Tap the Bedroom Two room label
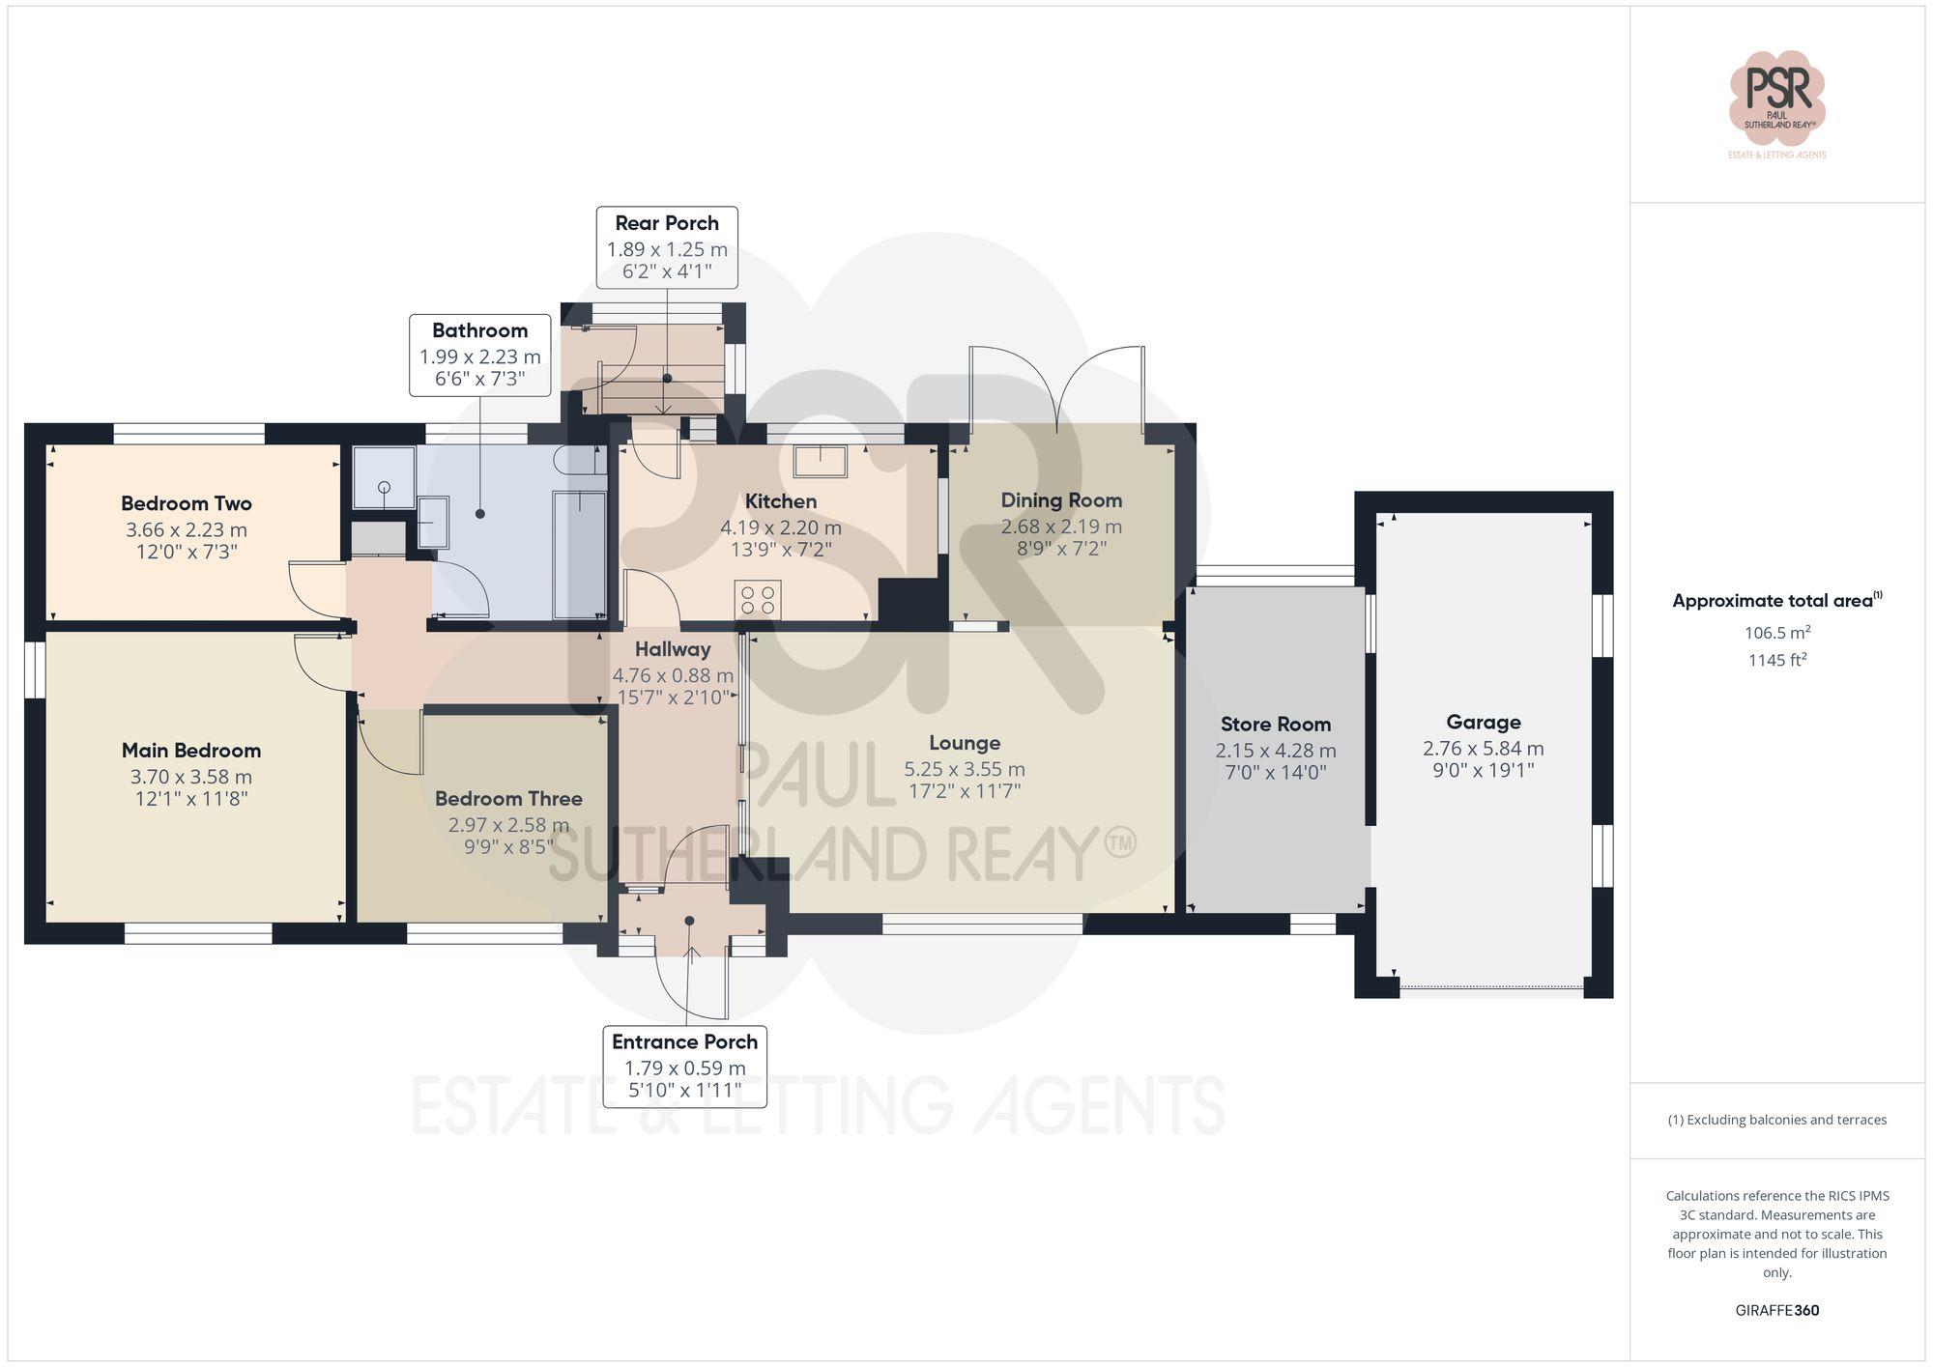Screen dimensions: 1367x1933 187,503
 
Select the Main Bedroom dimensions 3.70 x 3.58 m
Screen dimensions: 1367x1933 191,777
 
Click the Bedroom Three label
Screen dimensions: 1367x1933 508,799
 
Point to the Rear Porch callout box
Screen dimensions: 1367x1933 667,247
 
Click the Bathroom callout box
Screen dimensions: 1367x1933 480,355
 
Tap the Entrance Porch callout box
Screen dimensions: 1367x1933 684,1067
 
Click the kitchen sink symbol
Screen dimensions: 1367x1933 820,462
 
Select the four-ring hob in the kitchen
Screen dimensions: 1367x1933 757,599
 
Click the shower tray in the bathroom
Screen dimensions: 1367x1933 384,477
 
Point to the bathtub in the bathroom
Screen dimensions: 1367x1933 579,555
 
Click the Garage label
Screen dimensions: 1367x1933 1484,722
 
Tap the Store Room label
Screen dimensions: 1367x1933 1275,725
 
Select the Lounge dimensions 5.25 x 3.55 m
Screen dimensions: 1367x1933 965,769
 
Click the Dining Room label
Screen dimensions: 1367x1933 1061,500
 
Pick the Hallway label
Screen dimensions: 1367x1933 673,649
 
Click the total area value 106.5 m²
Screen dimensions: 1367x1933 1776,633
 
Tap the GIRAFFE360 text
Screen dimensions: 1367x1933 1776,1311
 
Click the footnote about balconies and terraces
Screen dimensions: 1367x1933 1776,1120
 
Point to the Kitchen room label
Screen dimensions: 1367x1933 781,501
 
